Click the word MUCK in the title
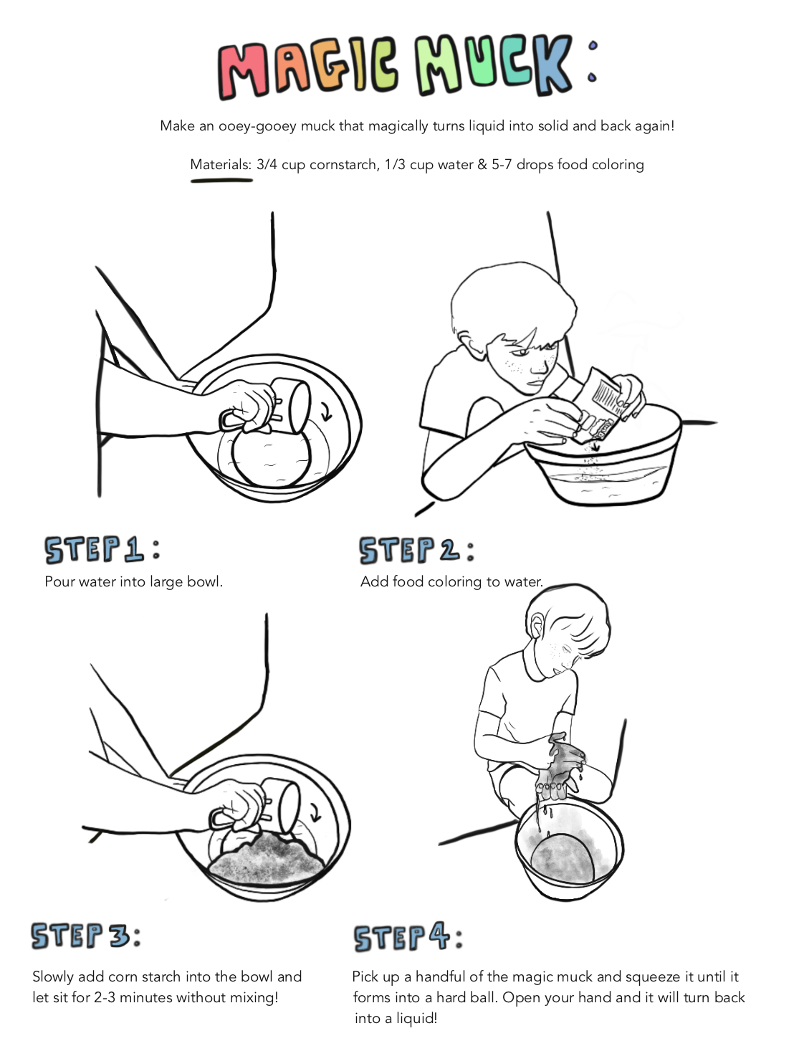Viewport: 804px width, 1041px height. pyautogui.click(x=493, y=65)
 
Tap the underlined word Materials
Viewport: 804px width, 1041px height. pyautogui.click(x=220, y=165)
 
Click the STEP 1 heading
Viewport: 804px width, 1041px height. pyautogui.click(x=102, y=549)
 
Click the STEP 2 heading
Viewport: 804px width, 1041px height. pyautogui.click(x=417, y=550)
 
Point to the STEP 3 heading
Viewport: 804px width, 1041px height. pyautogui.click(x=86, y=936)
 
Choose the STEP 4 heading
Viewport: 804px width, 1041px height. pyautogui.click(x=408, y=937)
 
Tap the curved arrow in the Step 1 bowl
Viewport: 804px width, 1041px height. pyautogui.click(x=327, y=411)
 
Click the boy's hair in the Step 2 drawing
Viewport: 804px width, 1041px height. pyautogui.click(x=513, y=301)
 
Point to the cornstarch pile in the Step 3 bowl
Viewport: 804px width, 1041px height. pyautogui.click(x=266, y=858)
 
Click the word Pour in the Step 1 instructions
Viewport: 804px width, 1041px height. pyautogui.click(x=60, y=581)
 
